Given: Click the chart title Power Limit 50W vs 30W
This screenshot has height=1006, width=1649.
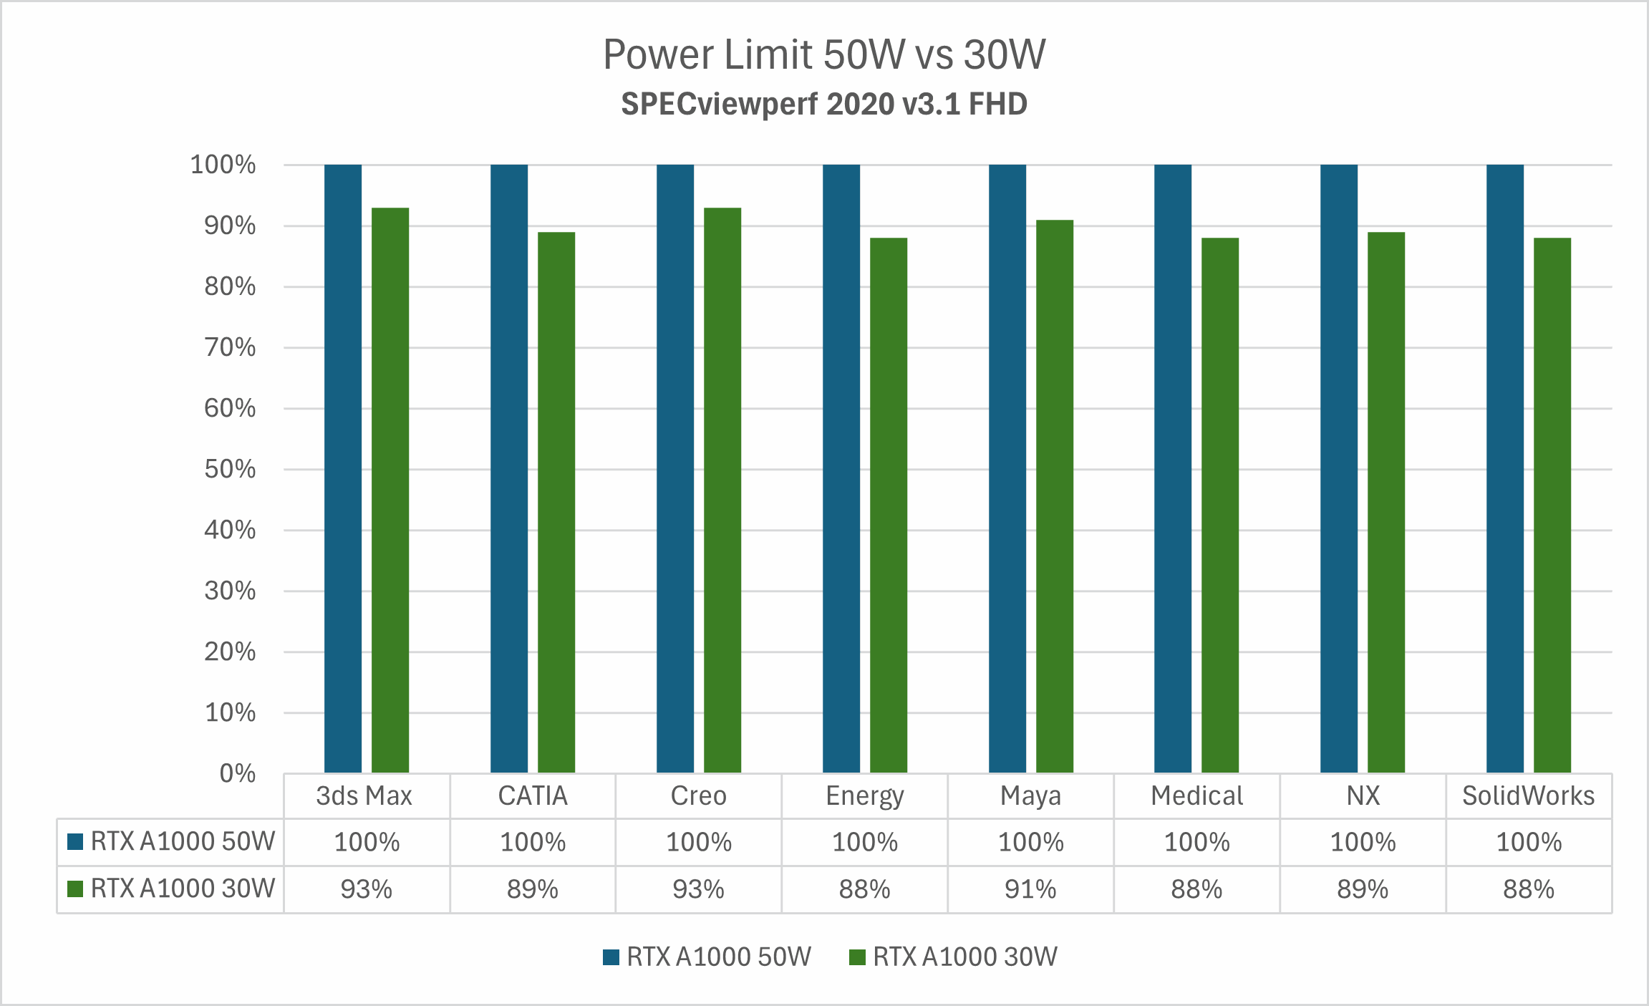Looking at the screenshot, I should coord(824,54).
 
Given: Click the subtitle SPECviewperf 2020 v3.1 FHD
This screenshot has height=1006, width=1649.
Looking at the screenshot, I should coord(824,105).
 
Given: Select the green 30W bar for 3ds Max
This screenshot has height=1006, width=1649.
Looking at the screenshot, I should coord(390,490).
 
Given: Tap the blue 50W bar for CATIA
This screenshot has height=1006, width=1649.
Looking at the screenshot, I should coord(509,469).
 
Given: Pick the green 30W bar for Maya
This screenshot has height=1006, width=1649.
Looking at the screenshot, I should coord(1055,496).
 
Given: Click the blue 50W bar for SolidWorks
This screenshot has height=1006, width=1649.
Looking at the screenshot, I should coord(1505,469).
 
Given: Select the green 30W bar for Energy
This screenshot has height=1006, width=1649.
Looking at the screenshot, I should coord(889,505).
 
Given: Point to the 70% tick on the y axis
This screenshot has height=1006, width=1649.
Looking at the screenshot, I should coord(230,348).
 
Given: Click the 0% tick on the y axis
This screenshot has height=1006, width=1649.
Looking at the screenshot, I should coord(238,773).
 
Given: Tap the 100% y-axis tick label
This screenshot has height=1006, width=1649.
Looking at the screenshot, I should coord(223,165).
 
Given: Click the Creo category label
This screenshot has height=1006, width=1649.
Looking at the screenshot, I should coord(698,796).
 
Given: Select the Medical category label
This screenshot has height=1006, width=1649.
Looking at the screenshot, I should coord(1196,796).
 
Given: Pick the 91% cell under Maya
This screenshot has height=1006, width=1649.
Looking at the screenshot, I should coord(1030,889).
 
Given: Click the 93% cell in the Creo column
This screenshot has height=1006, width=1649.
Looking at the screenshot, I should coord(698,889).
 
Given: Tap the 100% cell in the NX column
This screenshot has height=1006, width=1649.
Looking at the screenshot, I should coord(1363,842).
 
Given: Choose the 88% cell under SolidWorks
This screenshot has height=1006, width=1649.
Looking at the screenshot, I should coord(1529,889).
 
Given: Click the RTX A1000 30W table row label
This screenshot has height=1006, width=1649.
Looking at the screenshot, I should coord(183,889).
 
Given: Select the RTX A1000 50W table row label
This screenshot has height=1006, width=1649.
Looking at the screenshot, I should coord(183,841).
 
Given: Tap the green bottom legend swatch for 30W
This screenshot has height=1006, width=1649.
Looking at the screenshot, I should coord(857,957).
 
